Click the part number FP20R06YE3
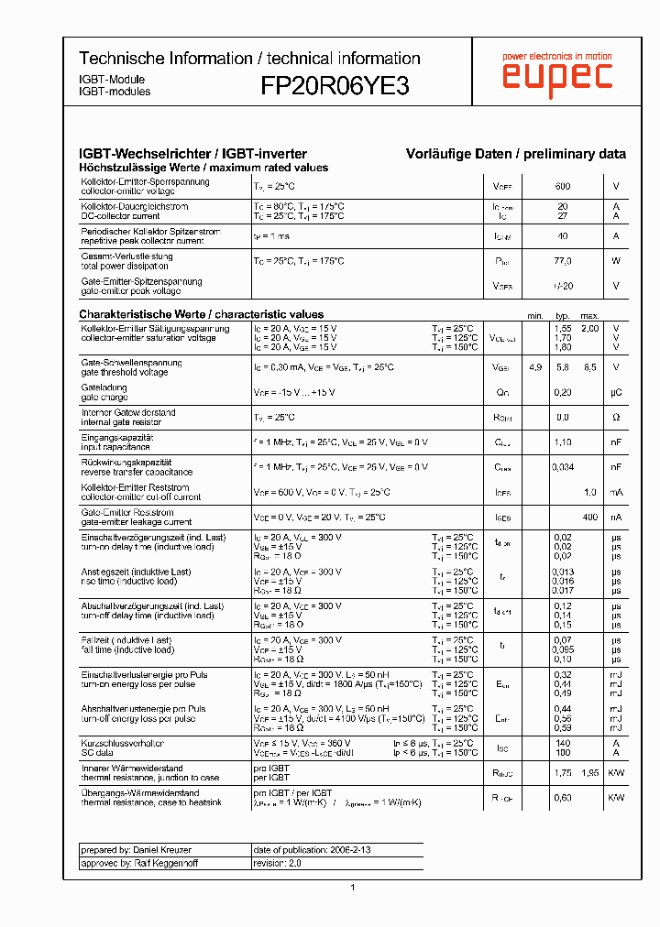(x=335, y=86)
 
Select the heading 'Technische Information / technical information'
(x=249, y=59)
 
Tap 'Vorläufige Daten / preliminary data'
(x=516, y=154)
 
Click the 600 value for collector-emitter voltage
(x=563, y=187)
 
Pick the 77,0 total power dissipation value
(x=563, y=261)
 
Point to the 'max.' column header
(x=589, y=316)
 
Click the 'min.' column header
(x=535, y=316)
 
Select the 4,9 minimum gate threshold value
(x=535, y=367)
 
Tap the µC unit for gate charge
(x=617, y=392)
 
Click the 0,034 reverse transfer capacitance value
(x=563, y=467)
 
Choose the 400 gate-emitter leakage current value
(x=589, y=518)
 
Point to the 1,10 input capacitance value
(x=563, y=442)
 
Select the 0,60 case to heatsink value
(x=563, y=798)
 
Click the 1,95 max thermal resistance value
(x=589, y=773)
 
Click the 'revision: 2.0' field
(x=277, y=863)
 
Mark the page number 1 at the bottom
(x=353, y=887)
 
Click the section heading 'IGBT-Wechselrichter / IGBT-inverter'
(x=192, y=154)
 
